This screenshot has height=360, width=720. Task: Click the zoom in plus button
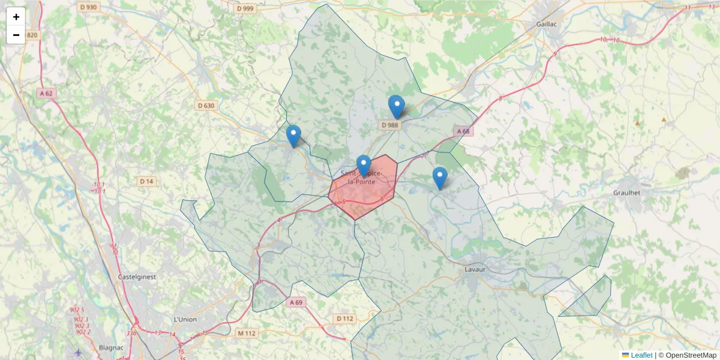[16, 17]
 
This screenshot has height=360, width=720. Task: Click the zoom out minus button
[16, 35]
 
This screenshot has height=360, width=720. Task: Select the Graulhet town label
[627, 193]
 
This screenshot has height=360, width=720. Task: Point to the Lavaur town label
[475, 269]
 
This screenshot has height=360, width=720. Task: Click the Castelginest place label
[137, 277]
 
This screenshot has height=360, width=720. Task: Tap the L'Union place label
[185, 319]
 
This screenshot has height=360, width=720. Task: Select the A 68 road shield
[463, 131]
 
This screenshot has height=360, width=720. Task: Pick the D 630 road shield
[206, 106]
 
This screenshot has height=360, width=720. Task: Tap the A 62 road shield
[46, 93]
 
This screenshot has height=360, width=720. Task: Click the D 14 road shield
[146, 181]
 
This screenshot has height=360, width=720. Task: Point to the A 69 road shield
[295, 302]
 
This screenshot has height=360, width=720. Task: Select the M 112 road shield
[246, 333]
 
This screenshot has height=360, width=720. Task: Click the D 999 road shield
[245, 8]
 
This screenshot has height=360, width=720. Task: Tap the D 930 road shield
[88, 7]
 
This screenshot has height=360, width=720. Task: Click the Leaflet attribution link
[641, 355]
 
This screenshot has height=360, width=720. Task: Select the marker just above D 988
[396, 107]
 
